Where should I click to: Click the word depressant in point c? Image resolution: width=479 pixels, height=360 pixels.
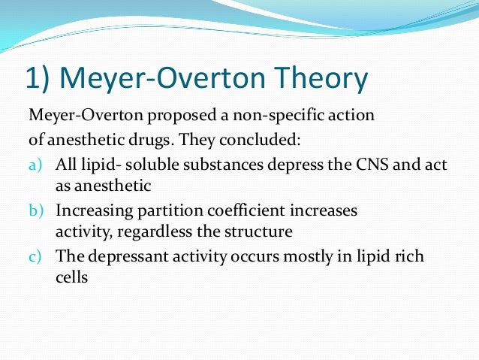pyautogui.click(x=119, y=257)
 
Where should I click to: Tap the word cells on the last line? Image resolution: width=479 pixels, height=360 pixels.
pyautogui.click(x=72, y=276)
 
